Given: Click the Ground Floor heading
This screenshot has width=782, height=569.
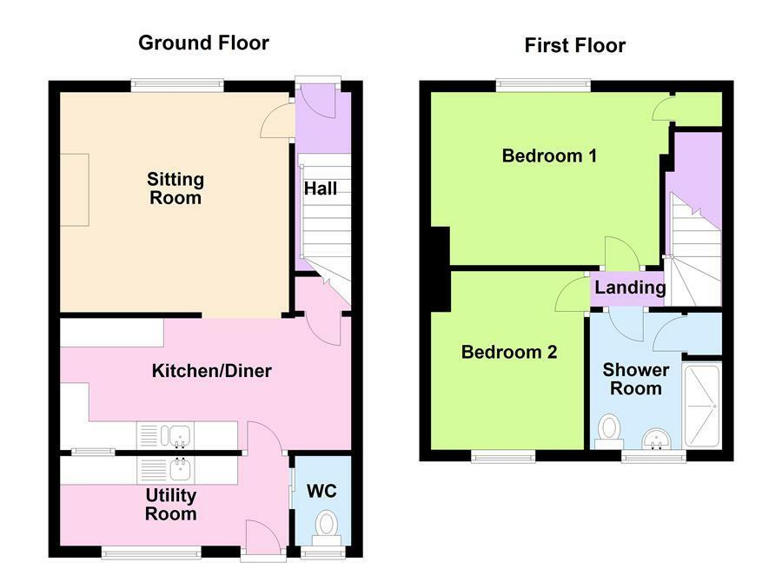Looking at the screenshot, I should [204, 43].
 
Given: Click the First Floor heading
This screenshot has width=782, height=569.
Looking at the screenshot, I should [574, 45].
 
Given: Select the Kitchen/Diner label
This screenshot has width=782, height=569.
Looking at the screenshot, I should [212, 371].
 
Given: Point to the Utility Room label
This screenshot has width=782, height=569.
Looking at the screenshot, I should [171, 505].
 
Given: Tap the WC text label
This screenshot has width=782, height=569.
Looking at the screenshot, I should [321, 491].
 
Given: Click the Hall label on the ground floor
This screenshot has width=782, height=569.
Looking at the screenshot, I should [321, 189].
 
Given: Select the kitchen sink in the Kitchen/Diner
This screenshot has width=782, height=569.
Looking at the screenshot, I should [180, 434].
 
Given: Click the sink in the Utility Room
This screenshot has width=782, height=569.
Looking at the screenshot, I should [181, 469].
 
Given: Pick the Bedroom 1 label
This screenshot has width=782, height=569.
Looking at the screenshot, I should [549, 156].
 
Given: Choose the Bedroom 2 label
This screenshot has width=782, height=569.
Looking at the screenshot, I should [508, 352].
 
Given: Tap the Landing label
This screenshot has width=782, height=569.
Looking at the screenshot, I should [631, 288].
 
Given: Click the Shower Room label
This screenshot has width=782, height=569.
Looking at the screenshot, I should [636, 380].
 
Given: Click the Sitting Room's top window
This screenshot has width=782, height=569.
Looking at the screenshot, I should [177, 85].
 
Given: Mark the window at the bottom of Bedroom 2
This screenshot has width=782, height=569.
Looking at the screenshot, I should [503, 455].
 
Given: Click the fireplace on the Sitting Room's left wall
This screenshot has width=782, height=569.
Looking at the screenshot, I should [74, 189].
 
